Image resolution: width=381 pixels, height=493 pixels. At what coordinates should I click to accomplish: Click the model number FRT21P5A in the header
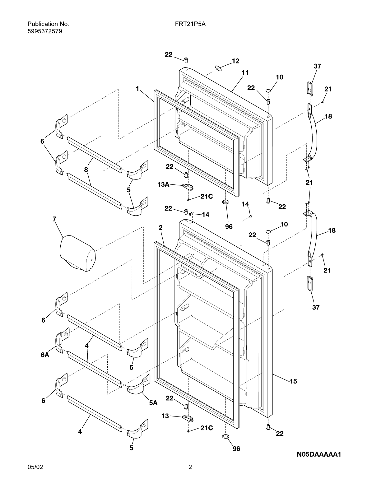click(188, 24)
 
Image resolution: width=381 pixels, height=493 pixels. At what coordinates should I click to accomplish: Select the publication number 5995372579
click(45, 31)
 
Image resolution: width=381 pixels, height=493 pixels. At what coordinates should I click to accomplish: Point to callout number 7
click(54, 219)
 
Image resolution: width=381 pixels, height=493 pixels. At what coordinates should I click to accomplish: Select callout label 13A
click(164, 185)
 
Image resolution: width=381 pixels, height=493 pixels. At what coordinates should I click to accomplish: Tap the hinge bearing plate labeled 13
click(188, 418)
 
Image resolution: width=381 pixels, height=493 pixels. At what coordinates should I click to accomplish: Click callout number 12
click(235, 61)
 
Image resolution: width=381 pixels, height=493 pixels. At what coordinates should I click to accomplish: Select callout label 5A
click(153, 403)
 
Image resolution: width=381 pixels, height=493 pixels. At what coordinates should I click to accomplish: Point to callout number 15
click(293, 381)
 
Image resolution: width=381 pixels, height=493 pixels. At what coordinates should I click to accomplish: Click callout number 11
click(245, 72)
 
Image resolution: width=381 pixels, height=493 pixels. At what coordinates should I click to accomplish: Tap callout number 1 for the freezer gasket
click(137, 89)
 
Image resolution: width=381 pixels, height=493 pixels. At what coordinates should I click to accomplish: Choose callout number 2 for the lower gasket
click(160, 228)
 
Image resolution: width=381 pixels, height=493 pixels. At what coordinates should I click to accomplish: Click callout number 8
click(86, 170)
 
